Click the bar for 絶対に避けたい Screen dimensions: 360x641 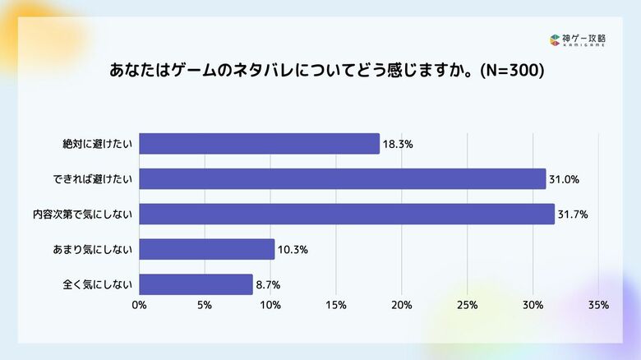259,144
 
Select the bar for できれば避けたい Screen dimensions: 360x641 342,178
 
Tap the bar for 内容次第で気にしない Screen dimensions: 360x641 347,214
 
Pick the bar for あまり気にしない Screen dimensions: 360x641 206,249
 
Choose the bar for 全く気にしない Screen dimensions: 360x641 196,284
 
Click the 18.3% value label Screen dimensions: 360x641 397,145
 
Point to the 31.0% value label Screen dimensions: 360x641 563,179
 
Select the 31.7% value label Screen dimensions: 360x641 572,215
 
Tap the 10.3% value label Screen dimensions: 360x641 292,250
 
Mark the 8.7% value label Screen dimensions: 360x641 268,285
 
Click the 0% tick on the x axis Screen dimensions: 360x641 139,306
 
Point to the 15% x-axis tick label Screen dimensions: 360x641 335,306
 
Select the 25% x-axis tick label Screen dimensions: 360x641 467,306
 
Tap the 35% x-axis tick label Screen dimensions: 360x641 598,306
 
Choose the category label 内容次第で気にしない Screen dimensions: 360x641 83,214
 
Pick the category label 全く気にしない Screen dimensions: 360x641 98,284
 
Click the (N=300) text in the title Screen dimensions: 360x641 511,71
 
